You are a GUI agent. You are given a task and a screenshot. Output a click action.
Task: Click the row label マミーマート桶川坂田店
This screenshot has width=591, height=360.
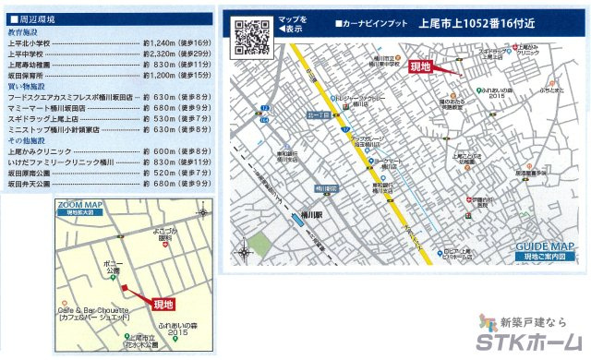(46, 107)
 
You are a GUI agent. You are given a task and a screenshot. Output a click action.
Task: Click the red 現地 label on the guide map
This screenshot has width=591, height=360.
(421, 66)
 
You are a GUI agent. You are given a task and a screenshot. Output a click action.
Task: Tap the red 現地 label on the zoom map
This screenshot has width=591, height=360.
(163, 304)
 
